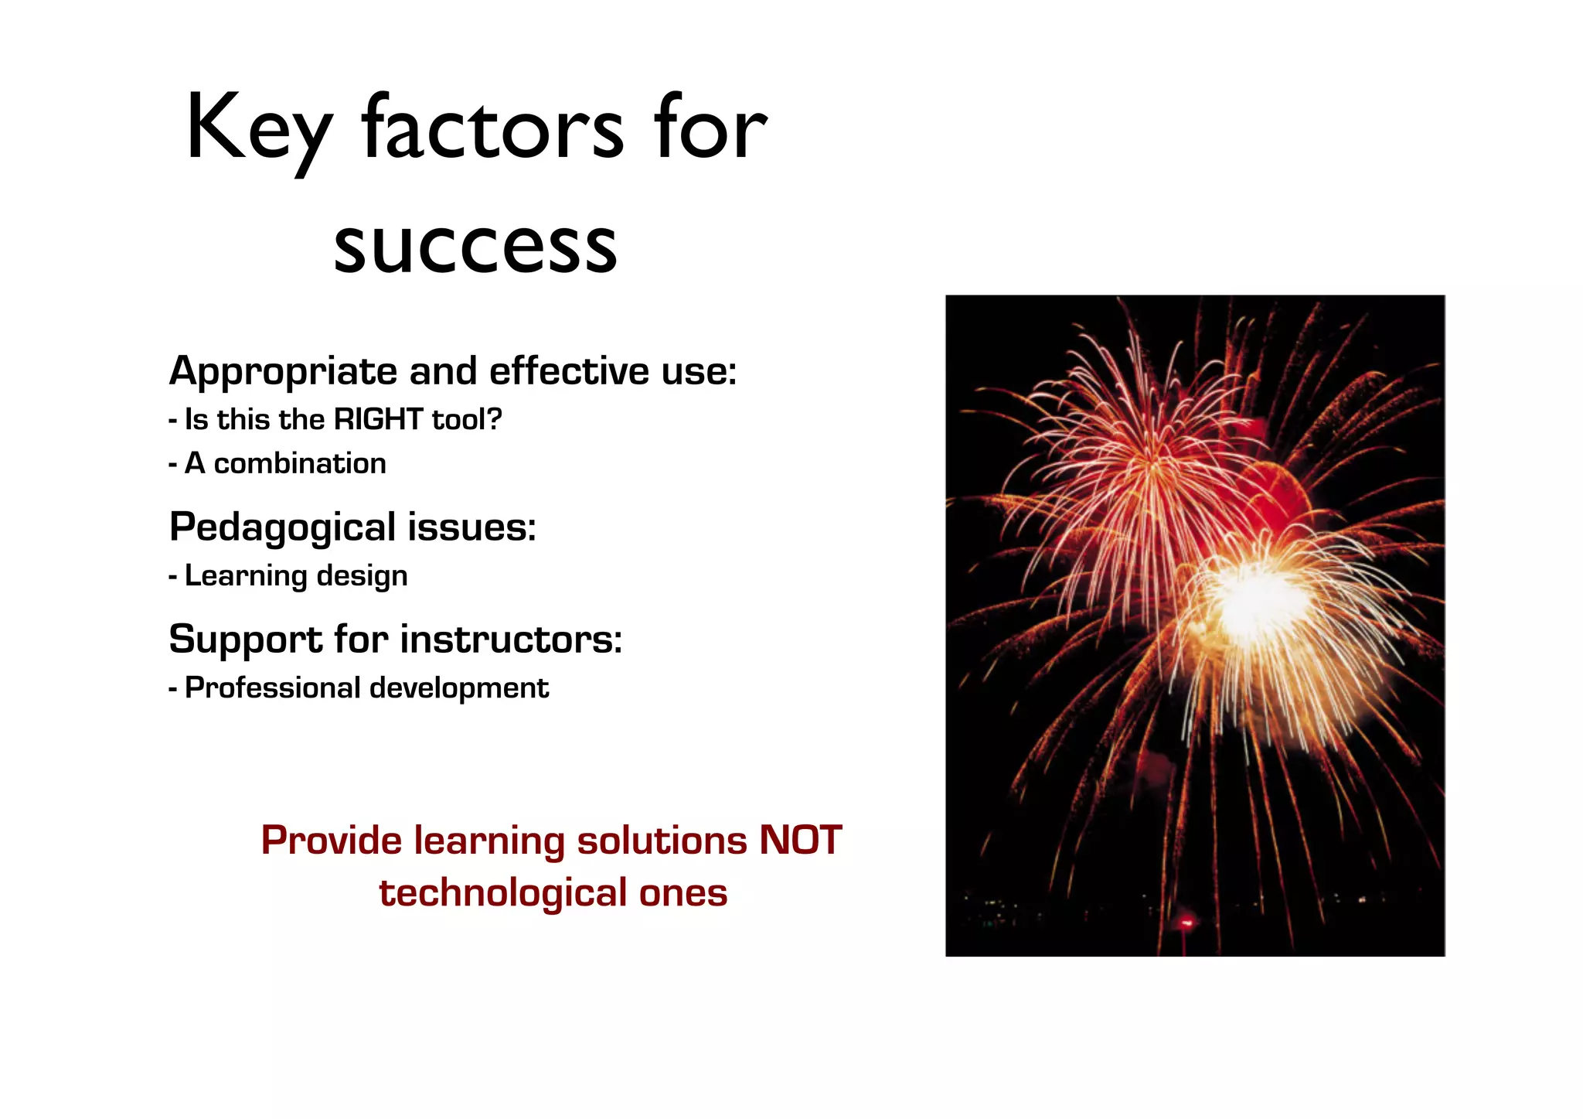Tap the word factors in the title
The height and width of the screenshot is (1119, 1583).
(492, 128)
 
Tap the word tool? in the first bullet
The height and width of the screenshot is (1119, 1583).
(467, 420)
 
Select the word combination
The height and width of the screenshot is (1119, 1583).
(299, 464)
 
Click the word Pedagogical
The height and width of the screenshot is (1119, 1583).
(282, 529)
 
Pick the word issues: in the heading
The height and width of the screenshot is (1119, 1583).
(471, 527)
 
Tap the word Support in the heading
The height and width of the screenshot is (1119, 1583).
(245, 640)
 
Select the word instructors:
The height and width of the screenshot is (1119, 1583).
(511, 640)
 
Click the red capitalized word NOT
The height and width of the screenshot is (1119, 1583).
(800, 840)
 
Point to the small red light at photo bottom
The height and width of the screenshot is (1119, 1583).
(1186, 922)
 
